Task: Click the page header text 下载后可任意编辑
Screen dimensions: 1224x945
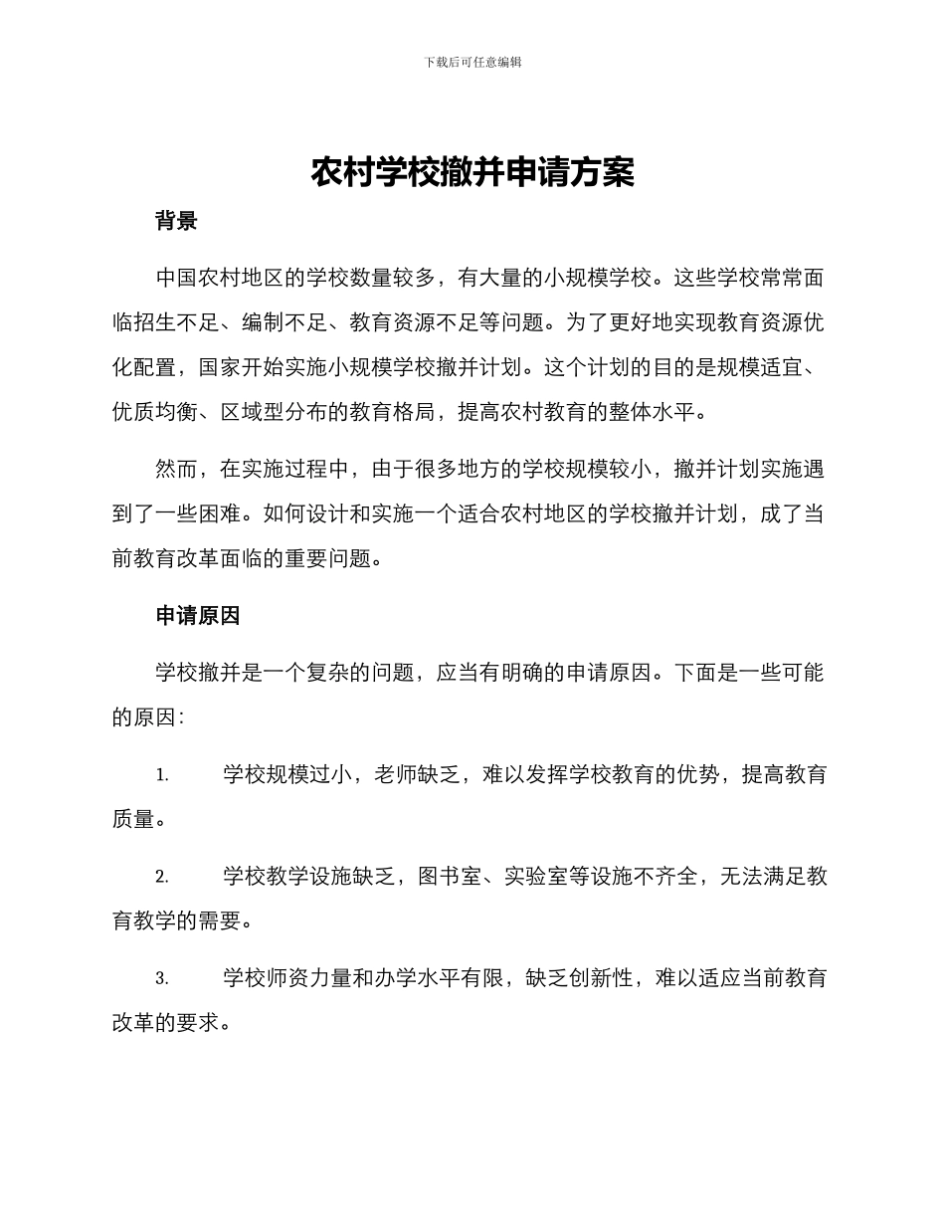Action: point(472,62)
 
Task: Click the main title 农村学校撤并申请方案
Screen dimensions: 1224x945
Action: point(472,172)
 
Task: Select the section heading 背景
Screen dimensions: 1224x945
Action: point(176,221)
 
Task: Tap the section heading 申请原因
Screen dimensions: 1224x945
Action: point(198,616)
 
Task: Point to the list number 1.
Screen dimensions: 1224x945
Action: point(162,775)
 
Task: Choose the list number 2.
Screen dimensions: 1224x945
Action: point(162,877)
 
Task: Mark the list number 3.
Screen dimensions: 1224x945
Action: point(162,978)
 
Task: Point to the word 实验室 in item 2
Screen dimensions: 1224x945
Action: point(536,877)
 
